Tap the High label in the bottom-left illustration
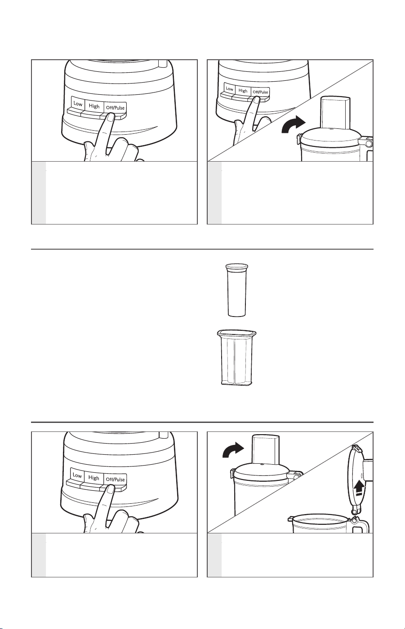[x=94, y=478]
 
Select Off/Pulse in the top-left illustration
[x=115, y=107]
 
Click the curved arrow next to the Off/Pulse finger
[x=293, y=125]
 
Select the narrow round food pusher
[x=237, y=290]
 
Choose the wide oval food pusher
[x=236, y=357]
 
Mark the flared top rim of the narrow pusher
[x=237, y=267]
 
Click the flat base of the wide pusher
[x=236, y=382]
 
